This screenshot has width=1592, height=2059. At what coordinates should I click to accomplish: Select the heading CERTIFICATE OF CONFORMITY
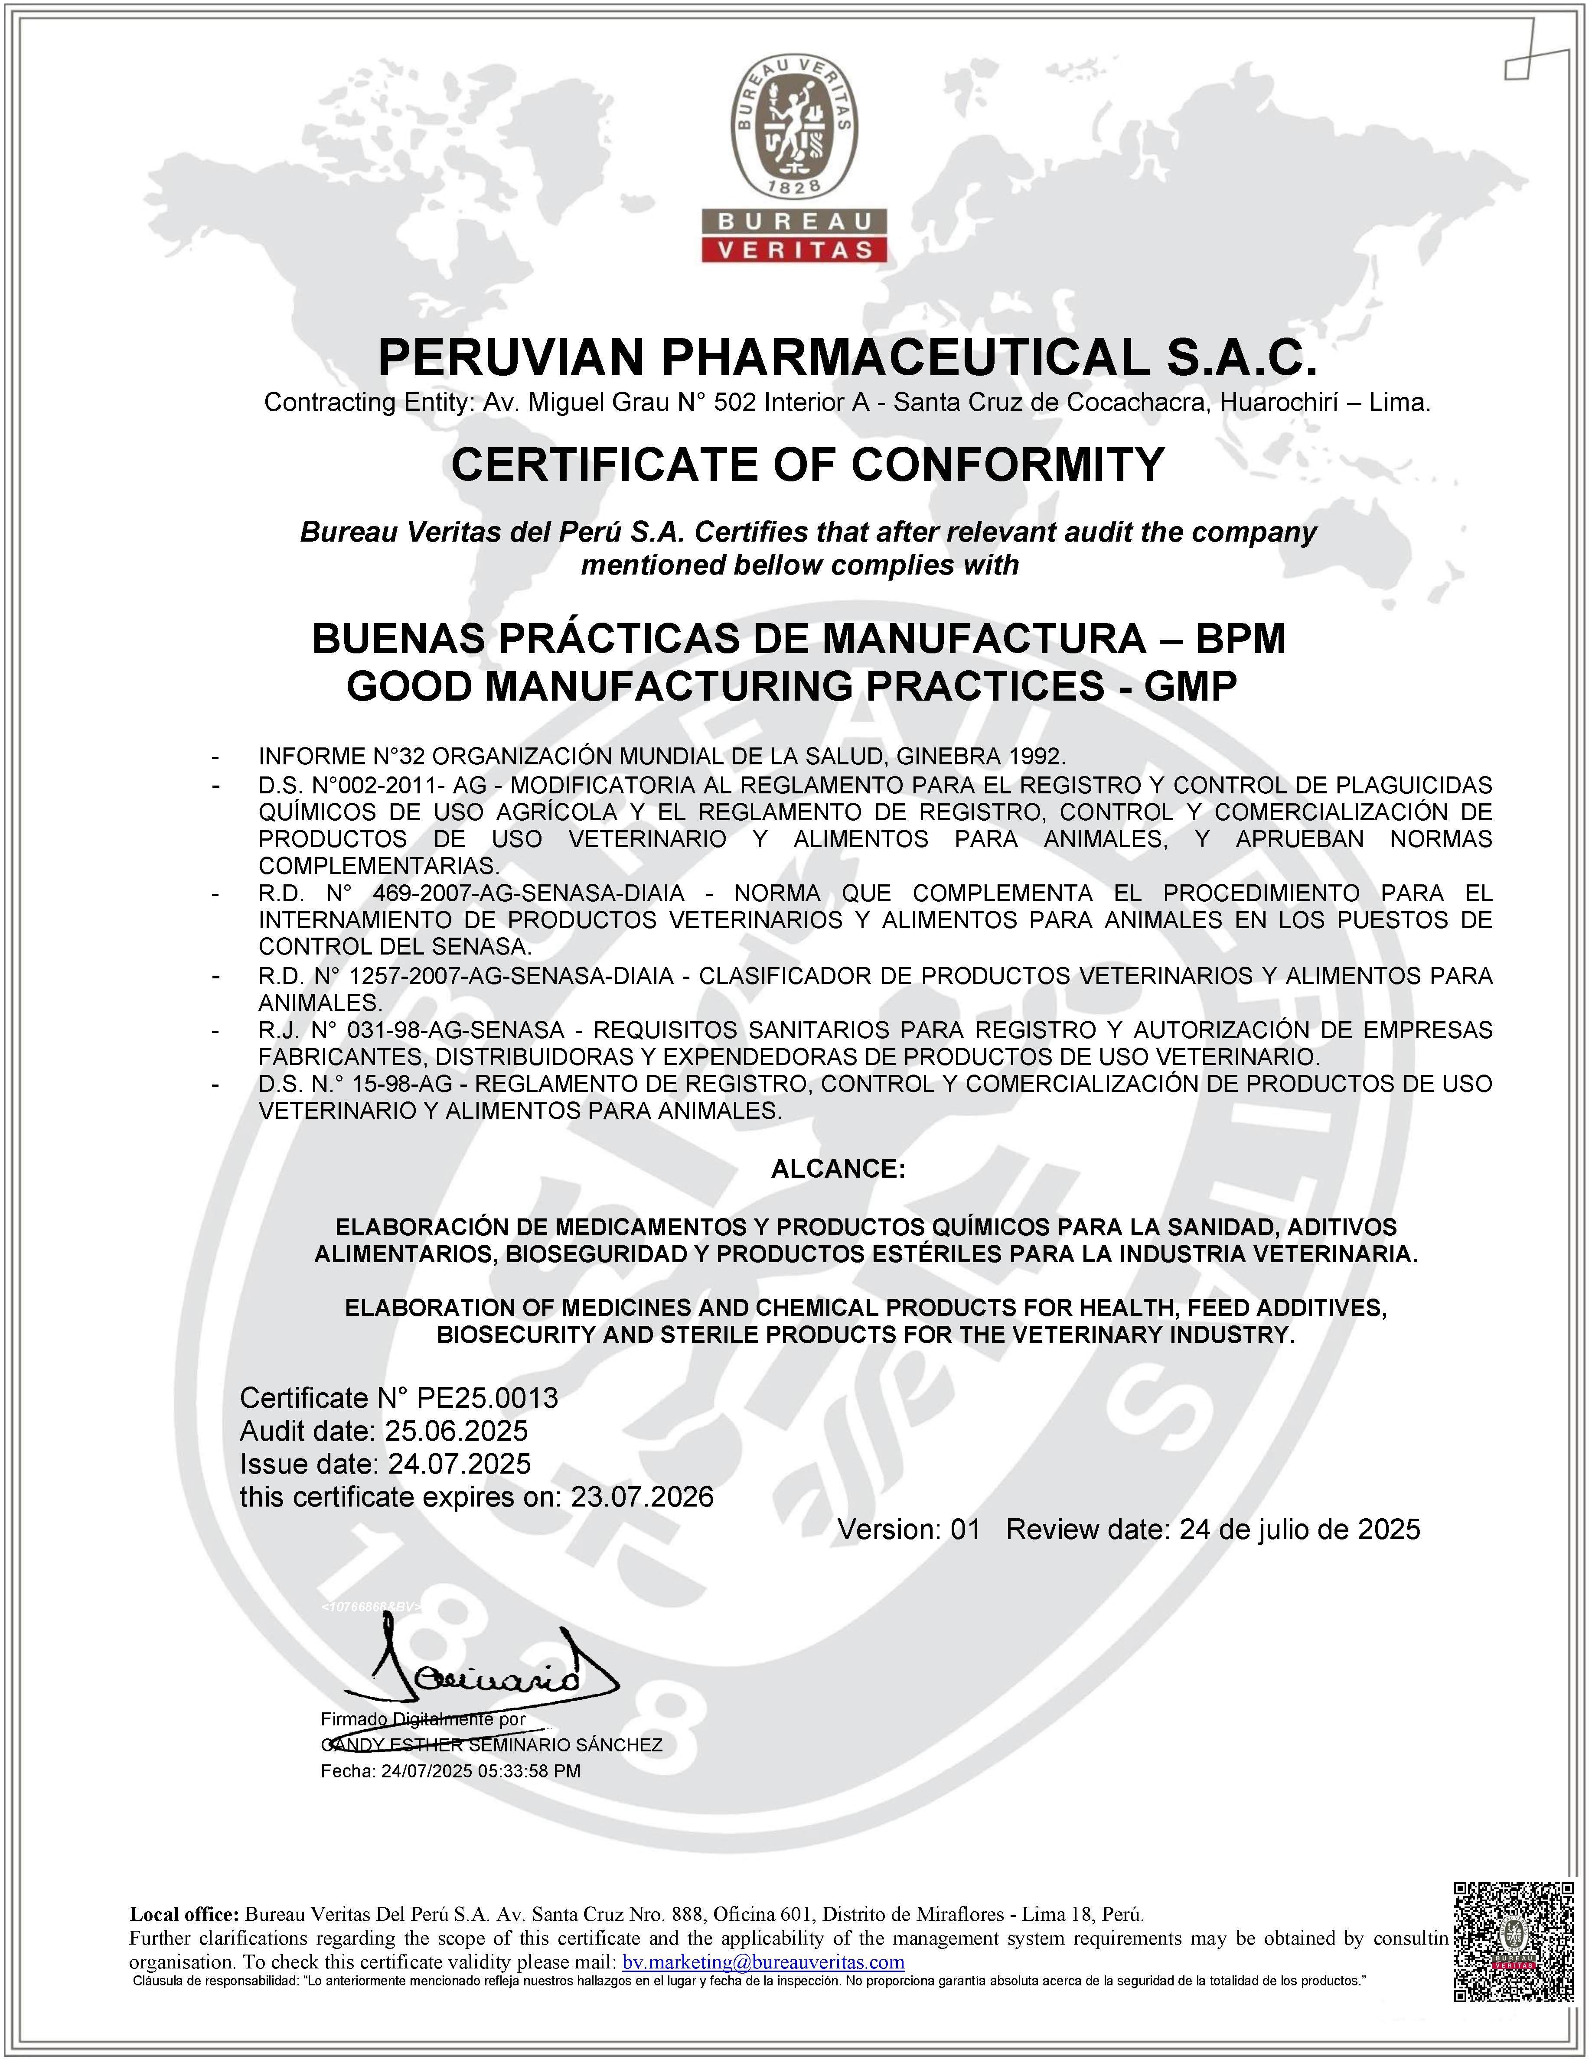pos(808,464)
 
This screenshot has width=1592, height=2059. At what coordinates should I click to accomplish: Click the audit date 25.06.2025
pos(457,1431)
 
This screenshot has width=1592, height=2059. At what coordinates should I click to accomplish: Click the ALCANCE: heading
pos(838,1169)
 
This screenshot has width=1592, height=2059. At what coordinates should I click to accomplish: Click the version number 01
pos(966,1529)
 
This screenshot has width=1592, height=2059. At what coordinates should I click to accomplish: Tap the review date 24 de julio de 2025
pos(1300,1529)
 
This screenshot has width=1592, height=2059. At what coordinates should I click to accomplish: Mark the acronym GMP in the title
pos(1190,686)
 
